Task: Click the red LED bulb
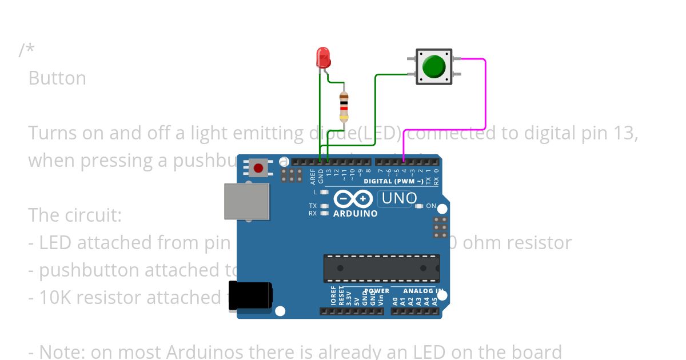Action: coord(323,58)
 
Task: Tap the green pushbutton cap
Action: coord(434,66)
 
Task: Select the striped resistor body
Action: coord(344,107)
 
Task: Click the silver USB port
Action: coord(246,201)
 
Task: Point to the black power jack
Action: coord(250,295)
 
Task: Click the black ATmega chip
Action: coord(381,268)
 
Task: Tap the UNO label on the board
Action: coord(399,198)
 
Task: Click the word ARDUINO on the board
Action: coord(355,214)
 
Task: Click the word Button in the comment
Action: coord(57,78)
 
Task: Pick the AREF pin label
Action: coord(313,176)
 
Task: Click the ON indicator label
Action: coord(431,206)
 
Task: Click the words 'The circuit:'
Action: coord(75,215)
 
